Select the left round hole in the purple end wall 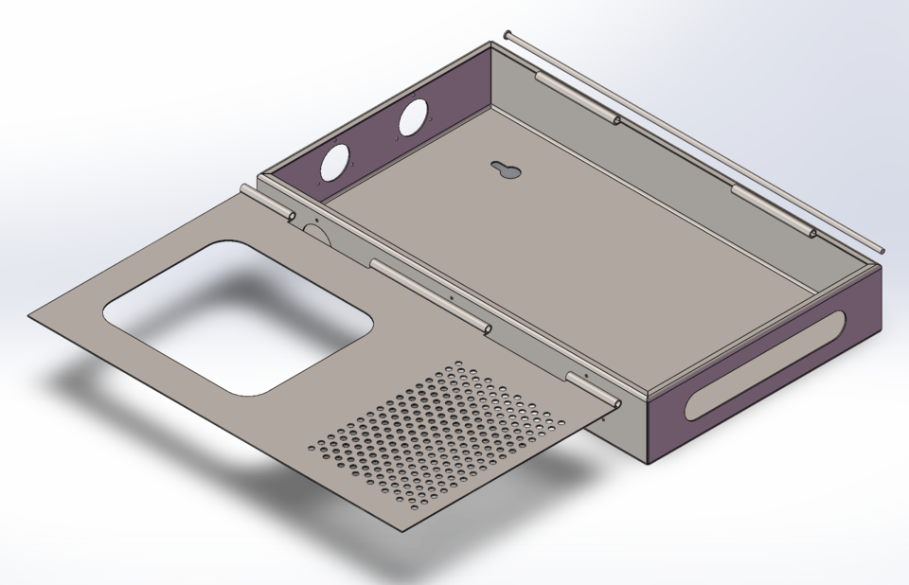333,162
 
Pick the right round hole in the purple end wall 413,118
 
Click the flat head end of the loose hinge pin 508,35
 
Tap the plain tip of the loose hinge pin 882,250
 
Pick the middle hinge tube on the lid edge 431,298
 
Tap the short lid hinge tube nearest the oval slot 594,390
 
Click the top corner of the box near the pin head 492,44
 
